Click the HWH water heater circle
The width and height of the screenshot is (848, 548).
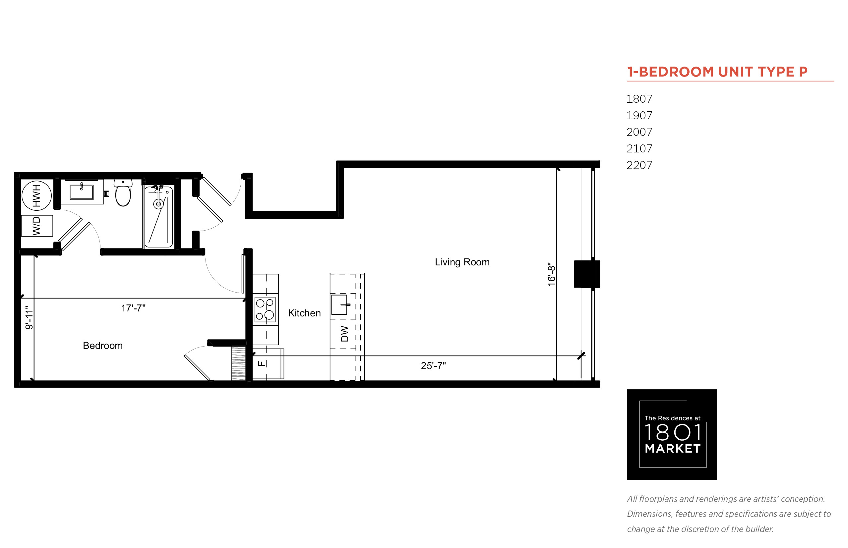[x=37, y=195]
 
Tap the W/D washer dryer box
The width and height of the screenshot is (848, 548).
[x=37, y=226]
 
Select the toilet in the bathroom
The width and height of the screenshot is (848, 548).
[x=123, y=192]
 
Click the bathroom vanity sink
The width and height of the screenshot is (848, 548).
[x=82, y=192]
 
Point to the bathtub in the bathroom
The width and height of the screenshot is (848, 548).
[x=159, y=216]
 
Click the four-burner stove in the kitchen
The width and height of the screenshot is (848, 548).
[x=265, y=309]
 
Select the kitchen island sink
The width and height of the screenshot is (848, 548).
[x=339, y=304]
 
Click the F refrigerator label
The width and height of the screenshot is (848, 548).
[x=261, y=363]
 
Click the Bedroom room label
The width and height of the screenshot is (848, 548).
[x=102, y=345]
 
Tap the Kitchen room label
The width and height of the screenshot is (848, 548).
[x=304, y=313]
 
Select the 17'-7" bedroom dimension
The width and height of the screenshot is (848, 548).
[x=133, y=308]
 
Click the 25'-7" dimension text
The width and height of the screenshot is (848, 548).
[x=433, y=365]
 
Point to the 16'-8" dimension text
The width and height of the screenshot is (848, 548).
[x=551, y=274]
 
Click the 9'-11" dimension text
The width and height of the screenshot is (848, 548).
[x=29, y=317]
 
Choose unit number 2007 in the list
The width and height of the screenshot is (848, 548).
[x=639, y=132]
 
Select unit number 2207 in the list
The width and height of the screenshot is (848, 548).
[x=639, y=165]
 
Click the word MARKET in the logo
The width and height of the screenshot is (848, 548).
[x=673, y=448]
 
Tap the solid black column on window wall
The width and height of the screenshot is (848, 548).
[x=586, y=274]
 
